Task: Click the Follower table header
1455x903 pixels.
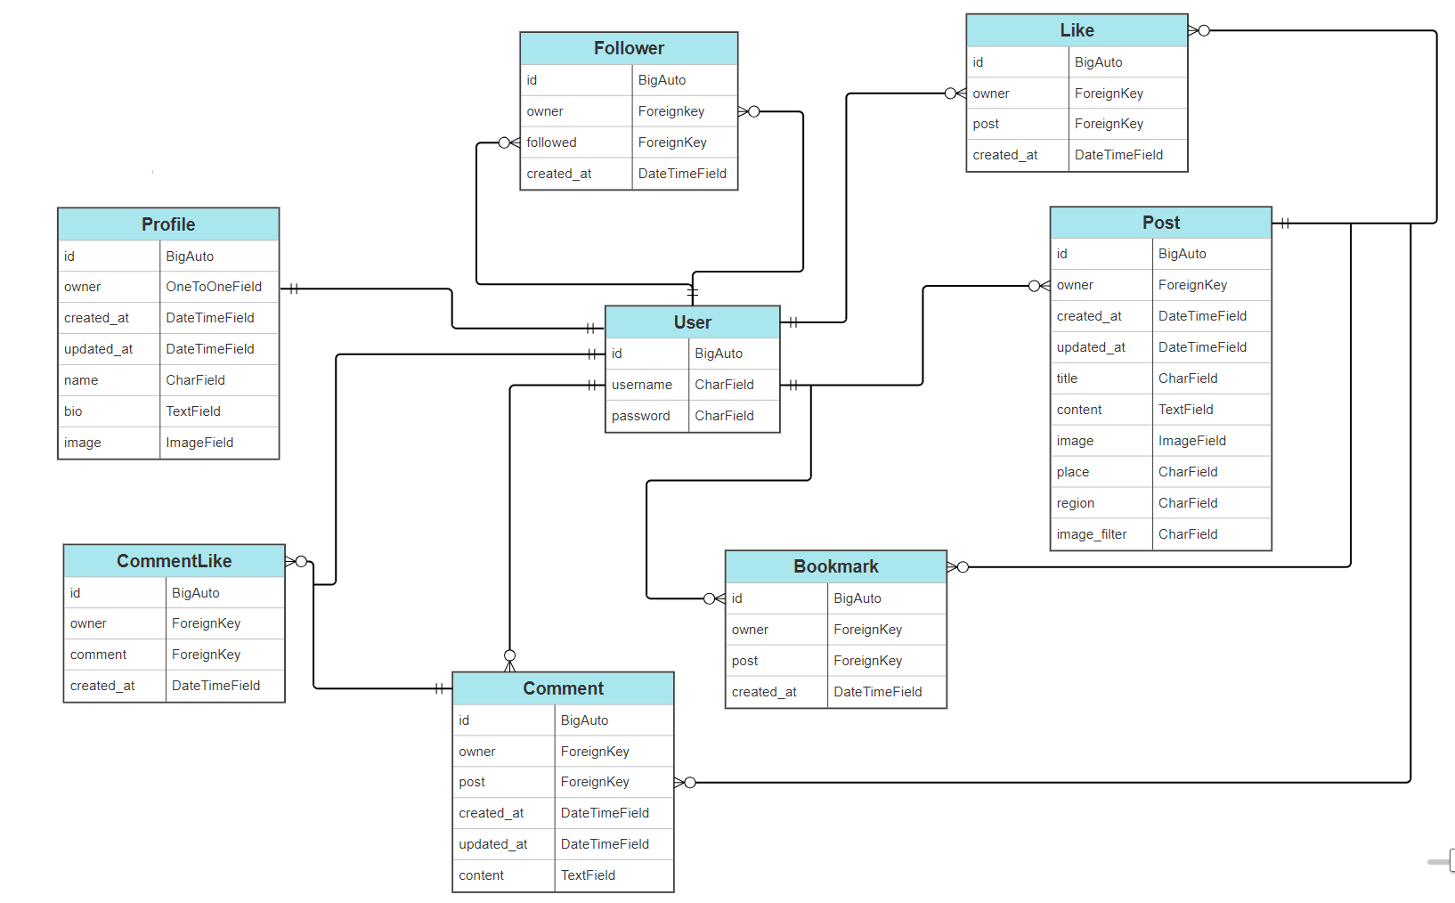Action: (629, 48)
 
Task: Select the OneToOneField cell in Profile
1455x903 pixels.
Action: (214, 287)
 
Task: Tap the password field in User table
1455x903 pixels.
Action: (641, 416)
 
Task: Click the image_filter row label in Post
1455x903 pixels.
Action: (1092, 534)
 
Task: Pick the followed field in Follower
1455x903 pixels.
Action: (552, 142)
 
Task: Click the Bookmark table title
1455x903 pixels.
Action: (835, 566)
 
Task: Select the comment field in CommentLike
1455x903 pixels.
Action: (99, 655)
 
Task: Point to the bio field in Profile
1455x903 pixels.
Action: (73, 411)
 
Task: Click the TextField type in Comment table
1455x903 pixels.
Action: (588, 875)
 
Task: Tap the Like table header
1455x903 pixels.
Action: (1077, 30)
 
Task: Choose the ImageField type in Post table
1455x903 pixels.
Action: (1191, 441)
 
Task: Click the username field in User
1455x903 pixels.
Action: (642, 385)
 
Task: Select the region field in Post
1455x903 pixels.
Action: (1076, 503)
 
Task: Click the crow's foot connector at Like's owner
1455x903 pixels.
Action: (955, 94)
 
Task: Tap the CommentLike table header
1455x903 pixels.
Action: (174, 561)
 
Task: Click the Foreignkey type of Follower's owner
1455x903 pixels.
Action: (671, 111)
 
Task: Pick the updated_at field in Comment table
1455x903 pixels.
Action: (493, 844)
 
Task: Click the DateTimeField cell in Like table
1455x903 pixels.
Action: (1118, 155)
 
